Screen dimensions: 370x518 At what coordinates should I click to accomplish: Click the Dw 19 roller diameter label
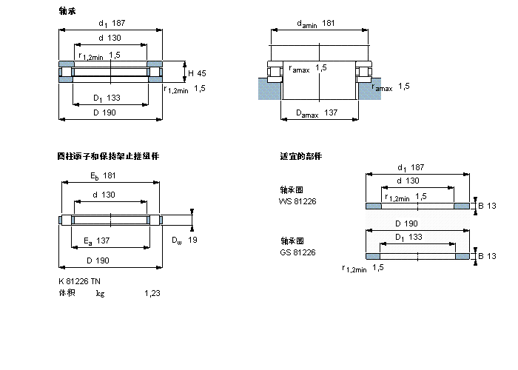(184, 240)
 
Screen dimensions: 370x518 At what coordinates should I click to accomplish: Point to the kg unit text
(100, 294)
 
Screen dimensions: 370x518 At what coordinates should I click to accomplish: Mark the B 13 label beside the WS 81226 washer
(486, 205)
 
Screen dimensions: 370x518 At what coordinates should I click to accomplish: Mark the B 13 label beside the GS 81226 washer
(486, 256)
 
